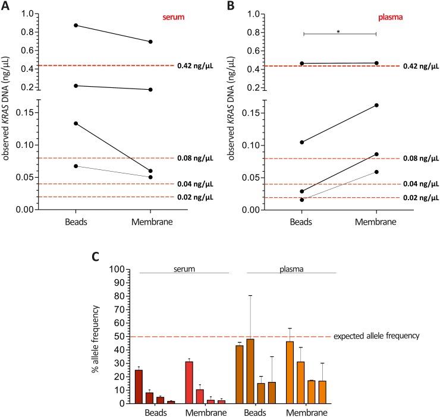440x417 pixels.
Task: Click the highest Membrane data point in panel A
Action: click(x=150, y=42)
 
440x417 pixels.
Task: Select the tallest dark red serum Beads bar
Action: click(x=139, y=386)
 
